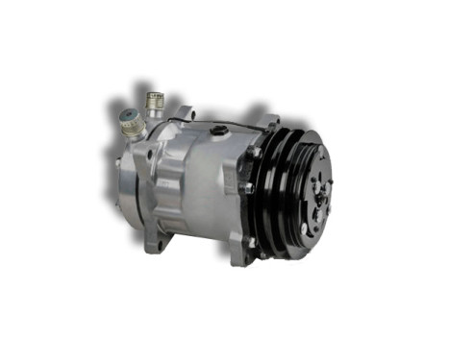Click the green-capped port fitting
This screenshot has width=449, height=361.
coord(130,122)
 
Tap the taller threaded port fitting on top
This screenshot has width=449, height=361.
coord(155,103)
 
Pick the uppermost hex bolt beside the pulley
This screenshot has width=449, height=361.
coord(253,152)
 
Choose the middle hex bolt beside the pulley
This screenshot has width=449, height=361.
coord(247,188)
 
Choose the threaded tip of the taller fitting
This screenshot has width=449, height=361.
coord(155,97)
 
